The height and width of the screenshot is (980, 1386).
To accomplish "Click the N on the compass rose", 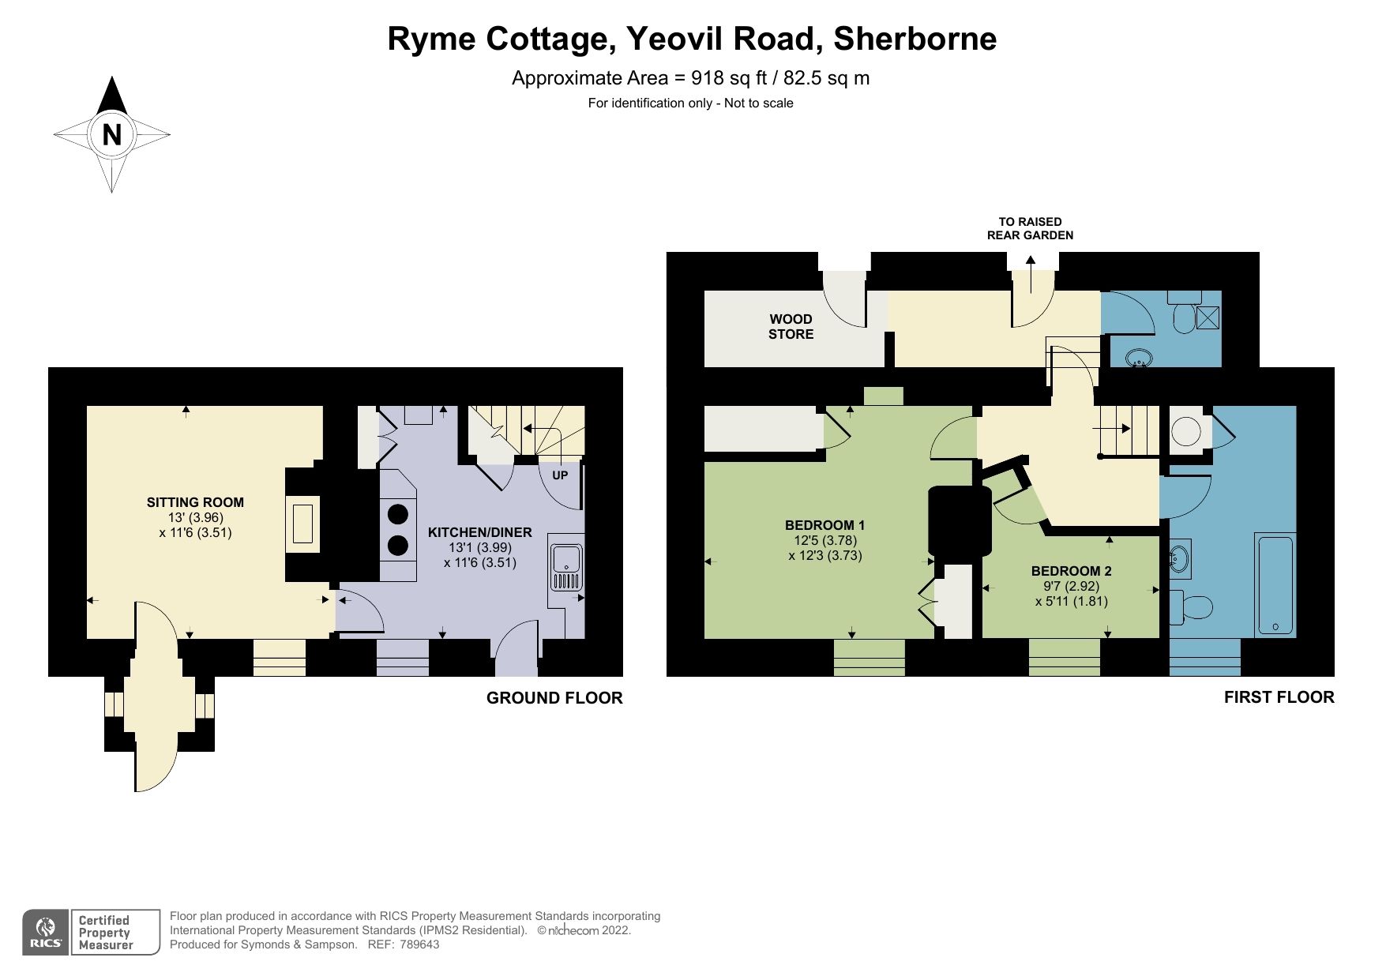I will pyautogui.click(x=111, y=134).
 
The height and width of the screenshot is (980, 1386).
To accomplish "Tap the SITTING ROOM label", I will pyautogui.click(x=195, y=502).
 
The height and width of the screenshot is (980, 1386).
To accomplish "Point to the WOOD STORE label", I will pyautogui.click(x=791, y=326).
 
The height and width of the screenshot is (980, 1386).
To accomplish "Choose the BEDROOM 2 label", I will pyautogui.click(x=1071, y=571).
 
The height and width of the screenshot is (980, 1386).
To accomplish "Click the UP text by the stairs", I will pyautogui.click(x=559, y=475).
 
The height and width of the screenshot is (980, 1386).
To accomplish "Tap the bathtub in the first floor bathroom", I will pyautogui.click(x=1275, y=584).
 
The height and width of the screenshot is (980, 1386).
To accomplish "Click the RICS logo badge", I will pyautogui.click(x=46, y=932).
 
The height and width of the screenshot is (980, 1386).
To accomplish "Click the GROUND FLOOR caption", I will pyautogui.click(x=554, y=698).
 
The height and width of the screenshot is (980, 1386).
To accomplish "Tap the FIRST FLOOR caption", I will pyautogui.click(x=1279, y=697).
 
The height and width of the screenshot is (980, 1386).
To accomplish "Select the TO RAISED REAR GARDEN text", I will pyautogui.click(x=1030, y=228).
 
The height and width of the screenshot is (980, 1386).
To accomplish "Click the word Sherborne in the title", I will pyautogui.click(x=915, y=39).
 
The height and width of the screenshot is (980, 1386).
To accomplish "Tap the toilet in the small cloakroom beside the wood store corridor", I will pyautogui.click(x=1184, y=317).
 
